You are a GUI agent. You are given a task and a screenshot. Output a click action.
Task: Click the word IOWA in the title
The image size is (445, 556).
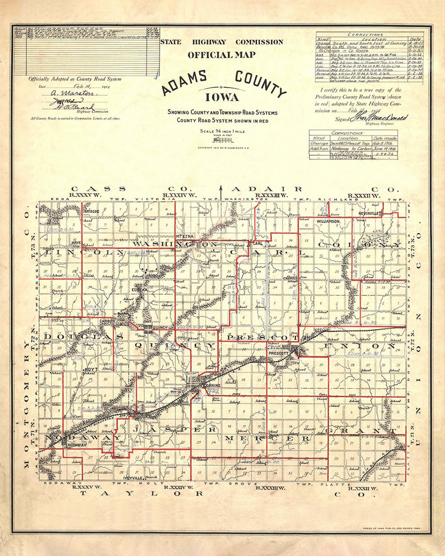coord(222,98)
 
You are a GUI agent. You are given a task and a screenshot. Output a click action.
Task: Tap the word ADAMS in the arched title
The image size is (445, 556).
coord(184,83)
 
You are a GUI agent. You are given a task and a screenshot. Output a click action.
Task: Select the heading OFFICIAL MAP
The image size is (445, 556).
coord(222,55)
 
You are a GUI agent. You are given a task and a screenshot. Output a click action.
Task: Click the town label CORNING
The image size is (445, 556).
coord(212,385)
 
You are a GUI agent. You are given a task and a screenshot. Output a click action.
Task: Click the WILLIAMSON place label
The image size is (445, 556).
coord(328,222)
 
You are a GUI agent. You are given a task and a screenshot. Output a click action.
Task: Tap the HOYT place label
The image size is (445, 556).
coord(91,369)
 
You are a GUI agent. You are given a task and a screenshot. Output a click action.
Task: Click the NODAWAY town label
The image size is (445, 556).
coord(77,445)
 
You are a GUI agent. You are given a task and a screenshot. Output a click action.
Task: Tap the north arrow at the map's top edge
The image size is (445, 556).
coord(221,193)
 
